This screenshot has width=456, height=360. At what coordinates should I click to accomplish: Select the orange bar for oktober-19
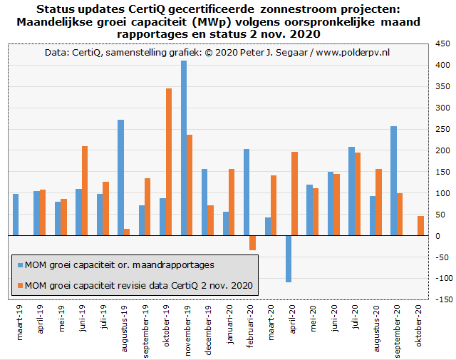click(169, 162)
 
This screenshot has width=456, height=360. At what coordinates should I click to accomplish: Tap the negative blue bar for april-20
click(289, 259)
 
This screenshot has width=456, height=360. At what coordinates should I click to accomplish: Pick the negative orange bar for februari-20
click(253, 243)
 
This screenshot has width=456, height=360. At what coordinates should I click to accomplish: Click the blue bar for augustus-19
click(121, 178)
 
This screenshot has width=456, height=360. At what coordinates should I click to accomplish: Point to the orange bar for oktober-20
click(420, 226)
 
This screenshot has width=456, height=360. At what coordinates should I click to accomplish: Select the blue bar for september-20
click(393, 181)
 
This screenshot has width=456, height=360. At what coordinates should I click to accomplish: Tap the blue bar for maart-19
click(16, 215)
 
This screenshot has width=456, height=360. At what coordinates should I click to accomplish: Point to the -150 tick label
click(442, 300)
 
